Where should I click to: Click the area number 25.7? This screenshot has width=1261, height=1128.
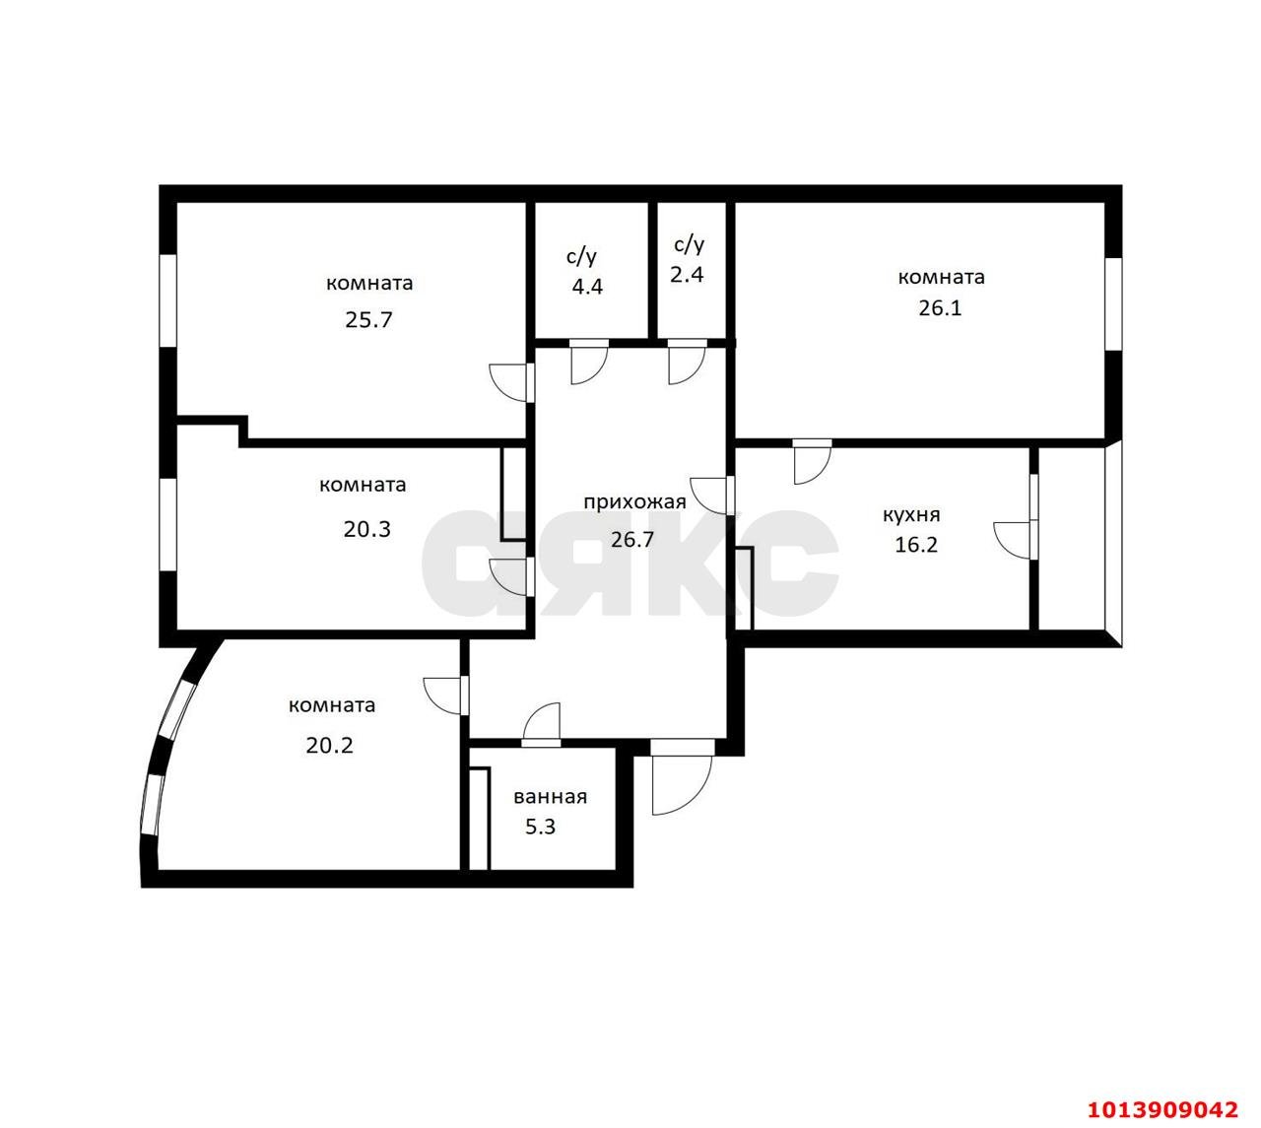(x=368, y=320)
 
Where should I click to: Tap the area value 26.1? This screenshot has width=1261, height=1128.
(x=940, y=307)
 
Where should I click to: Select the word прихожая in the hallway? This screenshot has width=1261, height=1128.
(x=633, y=502)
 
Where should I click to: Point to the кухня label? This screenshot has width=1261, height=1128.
(x=911, y=514)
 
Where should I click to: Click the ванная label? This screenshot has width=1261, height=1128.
(x=550, y=797)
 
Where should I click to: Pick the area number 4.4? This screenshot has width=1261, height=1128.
(x=586, y=288)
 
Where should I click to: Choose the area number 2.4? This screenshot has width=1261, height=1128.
(x=687, y=275)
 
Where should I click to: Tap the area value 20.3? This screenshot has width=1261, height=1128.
(x=366, y=529)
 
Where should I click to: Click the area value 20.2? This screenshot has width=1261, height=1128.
(x=329, y=746)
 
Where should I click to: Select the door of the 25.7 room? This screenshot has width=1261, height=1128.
(x=510, y=382)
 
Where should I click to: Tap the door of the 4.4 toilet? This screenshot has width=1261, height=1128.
(x=588, y=363)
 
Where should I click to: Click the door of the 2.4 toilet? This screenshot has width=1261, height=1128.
(x=687, y=363)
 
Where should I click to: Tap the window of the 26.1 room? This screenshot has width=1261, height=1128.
(x=1113, y=303)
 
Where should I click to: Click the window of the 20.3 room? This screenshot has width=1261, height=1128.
(x=168, y=524)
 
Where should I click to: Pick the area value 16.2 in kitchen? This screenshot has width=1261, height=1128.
(x=915, y=545)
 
